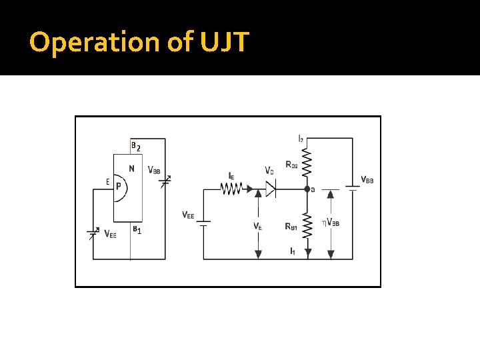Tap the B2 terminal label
tap(135, 146)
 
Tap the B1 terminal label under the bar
tap(136, 230)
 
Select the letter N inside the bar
tap(132, 169)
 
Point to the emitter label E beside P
tap(107, 181)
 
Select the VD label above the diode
tap(269, 171)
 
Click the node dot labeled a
tap(307, 189)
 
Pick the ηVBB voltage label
tap(331, 222)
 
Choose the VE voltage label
tap(257, 226)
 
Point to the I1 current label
tap(293, 251)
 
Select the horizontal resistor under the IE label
tap(231, 189)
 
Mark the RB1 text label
tap(291, 227)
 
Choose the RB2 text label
tap(291, 164)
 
